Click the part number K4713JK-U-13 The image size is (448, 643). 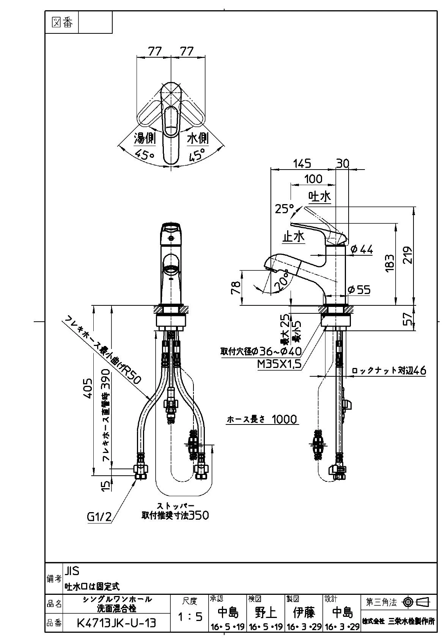pyautogui.click(x=116, y=623)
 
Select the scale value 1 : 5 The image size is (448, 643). pyautogui.click(x=190, y=616)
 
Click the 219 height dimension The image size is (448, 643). pyautogui.click(x=407, y=255)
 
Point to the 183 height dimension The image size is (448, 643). pyautogui.click(x=390, y=263)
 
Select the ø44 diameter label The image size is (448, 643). pyautogui.click(x=362, y=250)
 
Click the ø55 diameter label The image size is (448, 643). pyautogui.click(x=359, y=290)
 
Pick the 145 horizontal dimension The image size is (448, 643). pyautogui.click(x=302, y=164)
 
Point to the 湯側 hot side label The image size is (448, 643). pyautogui.click(x=145, y=138)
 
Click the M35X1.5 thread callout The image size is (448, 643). pyautogui.click(x=279, y=364)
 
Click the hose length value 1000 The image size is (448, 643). pyautogui.click(x=284, y=420)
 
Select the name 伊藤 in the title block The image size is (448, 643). pyautogui.click(x=303, y=613)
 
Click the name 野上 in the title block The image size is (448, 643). pyautogui.click(x=266, y=613)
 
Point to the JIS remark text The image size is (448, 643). pyautogui.click(x=72, y=571)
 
